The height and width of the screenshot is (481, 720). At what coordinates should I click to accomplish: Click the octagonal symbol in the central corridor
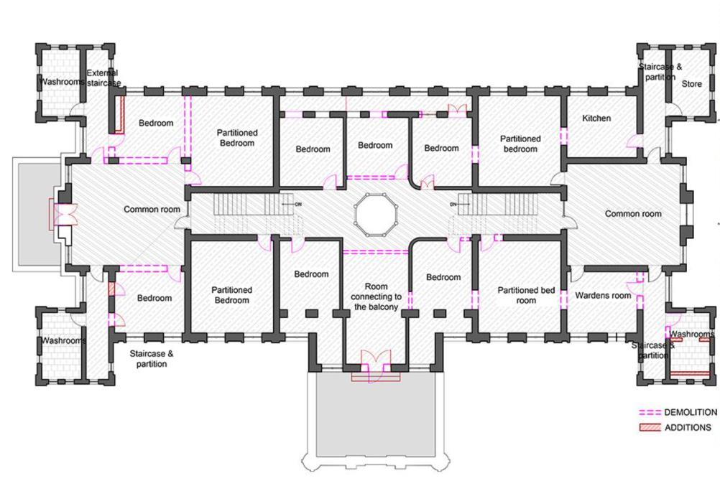[x=372, y=215]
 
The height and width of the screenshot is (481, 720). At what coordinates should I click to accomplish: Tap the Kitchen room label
[x=596, y=118]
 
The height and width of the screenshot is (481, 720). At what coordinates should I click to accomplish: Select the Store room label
[x=691, y=84]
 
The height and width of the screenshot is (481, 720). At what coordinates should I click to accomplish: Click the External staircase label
[x=102, y=78]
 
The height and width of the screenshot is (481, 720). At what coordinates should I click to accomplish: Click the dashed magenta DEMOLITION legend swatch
[x=651, y=414]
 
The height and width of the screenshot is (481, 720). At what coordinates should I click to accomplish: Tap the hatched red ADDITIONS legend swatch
[x=651, y=428]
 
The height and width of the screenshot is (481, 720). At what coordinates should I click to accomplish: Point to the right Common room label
[x=632, y=213]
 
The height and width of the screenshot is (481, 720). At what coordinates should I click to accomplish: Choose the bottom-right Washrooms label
[x=692, y=334]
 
